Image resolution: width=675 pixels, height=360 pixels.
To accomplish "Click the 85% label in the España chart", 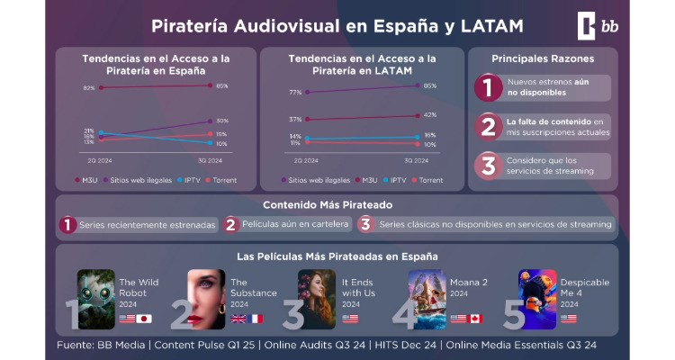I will [x=221, y=86].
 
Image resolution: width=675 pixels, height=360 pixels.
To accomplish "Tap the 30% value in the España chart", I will [x=221, y=121].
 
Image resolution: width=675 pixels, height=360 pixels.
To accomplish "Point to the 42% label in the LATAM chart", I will [x=429, y=114].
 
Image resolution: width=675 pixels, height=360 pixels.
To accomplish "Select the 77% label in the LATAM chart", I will [x=295, y=93].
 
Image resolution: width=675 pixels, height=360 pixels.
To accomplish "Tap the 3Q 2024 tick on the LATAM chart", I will [x=417, y=160].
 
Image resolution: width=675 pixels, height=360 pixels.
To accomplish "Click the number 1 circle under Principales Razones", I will [x=487, y=88].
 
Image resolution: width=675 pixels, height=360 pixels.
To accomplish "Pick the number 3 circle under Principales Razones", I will [x=487, y=166].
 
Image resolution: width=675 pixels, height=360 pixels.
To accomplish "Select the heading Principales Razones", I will [x=542, y=58].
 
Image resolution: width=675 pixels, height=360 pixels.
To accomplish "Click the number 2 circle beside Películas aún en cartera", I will [x=231, y=224].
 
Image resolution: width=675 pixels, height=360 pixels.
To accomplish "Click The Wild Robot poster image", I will [x=96, y=299].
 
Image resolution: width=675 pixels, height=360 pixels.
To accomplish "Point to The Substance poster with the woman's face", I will [x=206, y=299].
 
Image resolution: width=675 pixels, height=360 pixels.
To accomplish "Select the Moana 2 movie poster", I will [x=427, y=299].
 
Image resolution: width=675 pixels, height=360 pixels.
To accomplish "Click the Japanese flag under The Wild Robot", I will [x=145, y=319].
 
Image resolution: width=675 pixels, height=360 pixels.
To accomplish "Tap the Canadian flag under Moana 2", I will [x=476, y=319].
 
